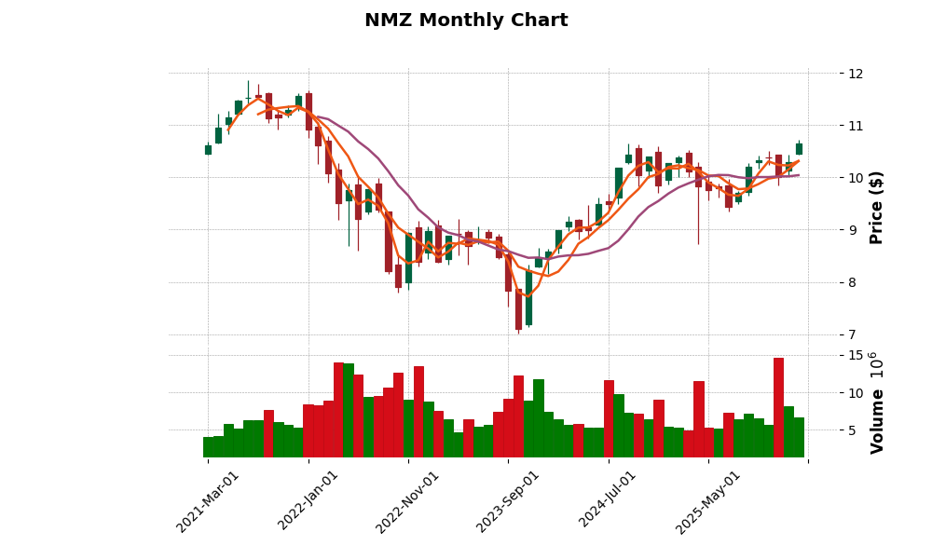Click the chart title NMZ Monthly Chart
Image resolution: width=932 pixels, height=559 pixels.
click(x=466, y=20)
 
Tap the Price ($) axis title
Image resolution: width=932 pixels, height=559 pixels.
click(x=876, y=207)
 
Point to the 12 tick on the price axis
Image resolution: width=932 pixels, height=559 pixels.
click(x=856, y=74)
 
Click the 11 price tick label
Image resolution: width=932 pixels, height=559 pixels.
click(x=856, y=126)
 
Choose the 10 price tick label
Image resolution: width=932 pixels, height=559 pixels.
click(x=856, y=178)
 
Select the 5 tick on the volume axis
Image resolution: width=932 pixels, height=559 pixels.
click(x=852, y=430)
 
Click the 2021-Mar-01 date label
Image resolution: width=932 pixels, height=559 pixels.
click(x=208, y=501)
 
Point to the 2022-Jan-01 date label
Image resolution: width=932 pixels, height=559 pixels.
click(x=308, y=501)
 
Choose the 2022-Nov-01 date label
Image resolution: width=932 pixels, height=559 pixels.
click(x=407, y=501)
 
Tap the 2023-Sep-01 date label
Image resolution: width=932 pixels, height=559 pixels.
click(x=508, y=501)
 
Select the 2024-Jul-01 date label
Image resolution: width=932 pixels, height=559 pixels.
click(x=608, y=501)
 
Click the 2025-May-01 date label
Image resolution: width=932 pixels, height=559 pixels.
click(x=708, y=501)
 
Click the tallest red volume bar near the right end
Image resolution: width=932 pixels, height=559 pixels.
click(x=778, y=407)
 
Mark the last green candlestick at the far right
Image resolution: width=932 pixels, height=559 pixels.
click(x=799, y=149)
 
